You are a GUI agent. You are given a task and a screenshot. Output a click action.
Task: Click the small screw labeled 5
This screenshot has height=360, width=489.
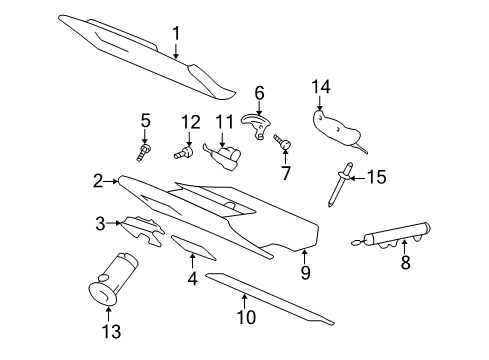point(143,151)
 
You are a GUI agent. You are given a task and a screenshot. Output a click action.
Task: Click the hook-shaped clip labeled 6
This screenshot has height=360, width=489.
point(257,125)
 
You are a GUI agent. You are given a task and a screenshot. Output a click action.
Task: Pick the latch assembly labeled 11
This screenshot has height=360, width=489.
point(224,157)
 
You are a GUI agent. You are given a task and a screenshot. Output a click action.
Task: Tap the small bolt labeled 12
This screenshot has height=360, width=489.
point(184,155)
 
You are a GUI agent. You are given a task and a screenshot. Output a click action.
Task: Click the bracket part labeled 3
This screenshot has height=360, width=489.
point(143,228)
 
